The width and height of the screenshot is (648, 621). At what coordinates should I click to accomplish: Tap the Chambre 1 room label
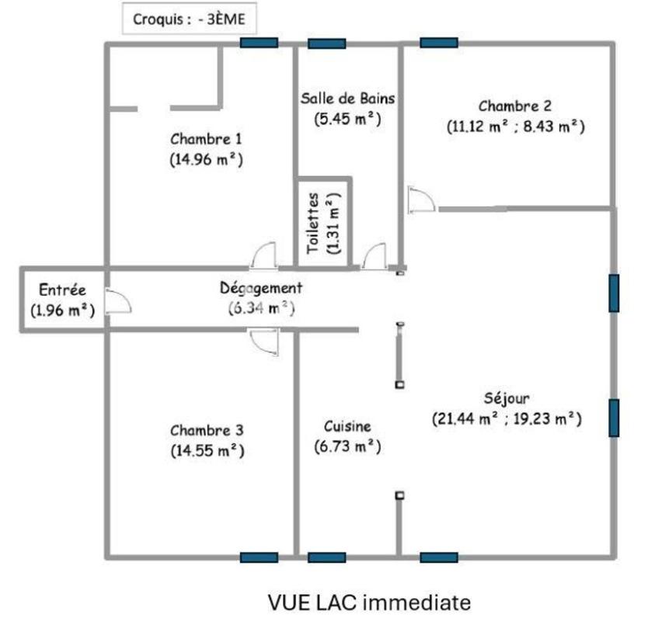point(206,140)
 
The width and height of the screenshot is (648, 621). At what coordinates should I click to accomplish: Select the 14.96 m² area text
point(206,160)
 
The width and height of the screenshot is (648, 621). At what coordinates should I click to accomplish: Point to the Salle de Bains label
point(348,99)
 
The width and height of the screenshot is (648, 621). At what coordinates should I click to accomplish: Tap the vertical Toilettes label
point(314,224)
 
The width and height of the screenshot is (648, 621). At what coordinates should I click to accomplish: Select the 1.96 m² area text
point(62,310)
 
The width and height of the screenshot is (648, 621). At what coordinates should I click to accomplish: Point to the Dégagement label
point(261,288)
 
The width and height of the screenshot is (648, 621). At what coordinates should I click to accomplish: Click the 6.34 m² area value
point(261,307)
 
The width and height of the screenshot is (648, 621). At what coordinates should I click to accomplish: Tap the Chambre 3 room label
point(207,430)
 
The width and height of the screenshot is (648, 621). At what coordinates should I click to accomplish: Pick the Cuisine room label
point(347,426)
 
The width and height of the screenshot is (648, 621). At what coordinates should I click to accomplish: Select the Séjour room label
point(507,398)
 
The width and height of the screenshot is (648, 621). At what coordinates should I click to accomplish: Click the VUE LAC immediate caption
point(369,602)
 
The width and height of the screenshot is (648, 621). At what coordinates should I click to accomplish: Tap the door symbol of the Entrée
point(117,301)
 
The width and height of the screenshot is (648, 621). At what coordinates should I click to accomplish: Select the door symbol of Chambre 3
point(263,341)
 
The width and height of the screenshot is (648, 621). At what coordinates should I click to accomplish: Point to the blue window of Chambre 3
point(259,557)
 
